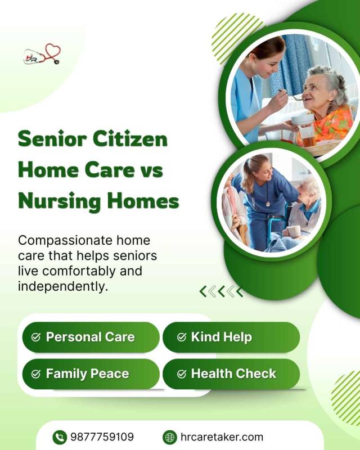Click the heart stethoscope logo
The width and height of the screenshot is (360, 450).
[42, 55]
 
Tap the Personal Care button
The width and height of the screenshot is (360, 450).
[91, 337]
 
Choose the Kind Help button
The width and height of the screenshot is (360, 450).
[231, 337]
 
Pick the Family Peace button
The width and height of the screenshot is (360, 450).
[91, 374]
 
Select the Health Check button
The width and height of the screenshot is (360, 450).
[231, 374]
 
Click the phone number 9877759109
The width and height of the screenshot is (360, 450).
[102, 437]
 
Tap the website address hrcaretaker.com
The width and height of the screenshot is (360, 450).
[221, 437]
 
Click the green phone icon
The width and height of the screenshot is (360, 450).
[60, 437]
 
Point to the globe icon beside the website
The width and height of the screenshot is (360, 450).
[169, 437]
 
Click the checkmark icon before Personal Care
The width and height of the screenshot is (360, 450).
[36, 337]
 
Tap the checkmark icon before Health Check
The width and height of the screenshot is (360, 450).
[181, 374]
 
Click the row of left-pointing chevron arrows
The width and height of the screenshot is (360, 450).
[221, 291]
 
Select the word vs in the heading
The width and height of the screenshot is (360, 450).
[151, 169]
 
